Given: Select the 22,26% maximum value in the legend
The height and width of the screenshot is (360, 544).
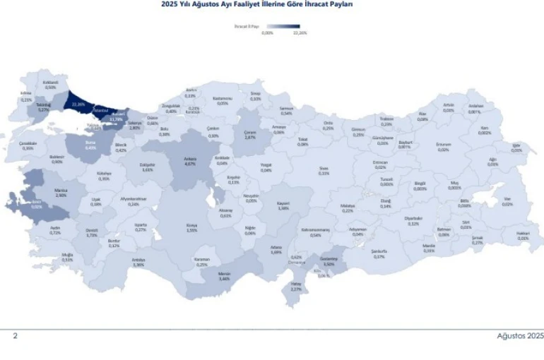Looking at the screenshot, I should tap(300, 33).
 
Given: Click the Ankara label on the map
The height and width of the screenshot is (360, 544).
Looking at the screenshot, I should tap(189, 160).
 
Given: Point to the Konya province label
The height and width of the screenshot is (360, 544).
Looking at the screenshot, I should tap(191, 226).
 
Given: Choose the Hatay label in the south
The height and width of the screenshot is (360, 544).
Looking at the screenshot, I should tap(296, 285).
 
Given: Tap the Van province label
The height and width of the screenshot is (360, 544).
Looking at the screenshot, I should tap(507, 200).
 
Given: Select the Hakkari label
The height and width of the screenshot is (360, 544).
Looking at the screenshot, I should tap(523, 235).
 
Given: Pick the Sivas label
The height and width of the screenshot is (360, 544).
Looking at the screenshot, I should tap(324, 170).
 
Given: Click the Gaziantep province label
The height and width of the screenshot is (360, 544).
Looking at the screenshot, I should tap(329, 260).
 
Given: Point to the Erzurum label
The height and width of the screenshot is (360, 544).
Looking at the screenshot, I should tap(443, 146).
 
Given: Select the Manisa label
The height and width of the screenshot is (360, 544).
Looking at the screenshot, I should tap(61, 192).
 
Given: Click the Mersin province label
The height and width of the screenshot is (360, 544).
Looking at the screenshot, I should tap(225, 276).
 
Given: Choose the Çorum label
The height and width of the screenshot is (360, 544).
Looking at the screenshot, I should tap(249, 133).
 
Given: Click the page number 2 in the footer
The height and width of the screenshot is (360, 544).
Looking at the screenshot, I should tap(15, 336).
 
